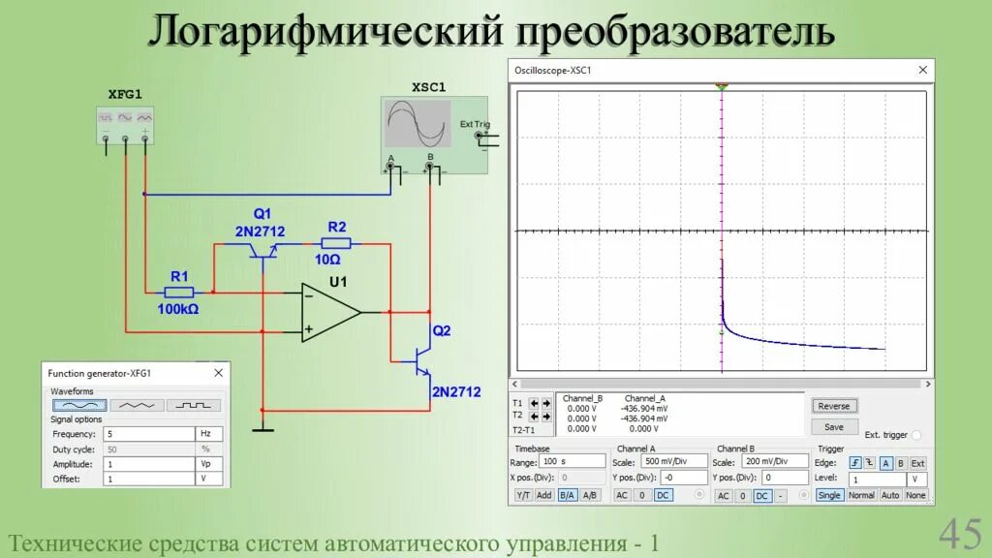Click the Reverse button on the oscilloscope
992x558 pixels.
pos(833,406)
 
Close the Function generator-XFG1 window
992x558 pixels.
pos(219,372)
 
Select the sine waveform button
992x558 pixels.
pos(79,405)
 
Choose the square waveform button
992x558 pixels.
pos(194,405)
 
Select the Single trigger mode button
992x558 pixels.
pos(829,495)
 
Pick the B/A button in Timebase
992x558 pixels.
pos(567,495)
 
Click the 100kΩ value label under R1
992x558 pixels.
pos(178,309)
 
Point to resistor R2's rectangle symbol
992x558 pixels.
pos(336,244)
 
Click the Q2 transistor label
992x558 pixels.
pos(442,330)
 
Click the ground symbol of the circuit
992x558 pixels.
pos(263,428)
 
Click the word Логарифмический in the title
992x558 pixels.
pos(325,32)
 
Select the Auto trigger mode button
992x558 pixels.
pos(890,495)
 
